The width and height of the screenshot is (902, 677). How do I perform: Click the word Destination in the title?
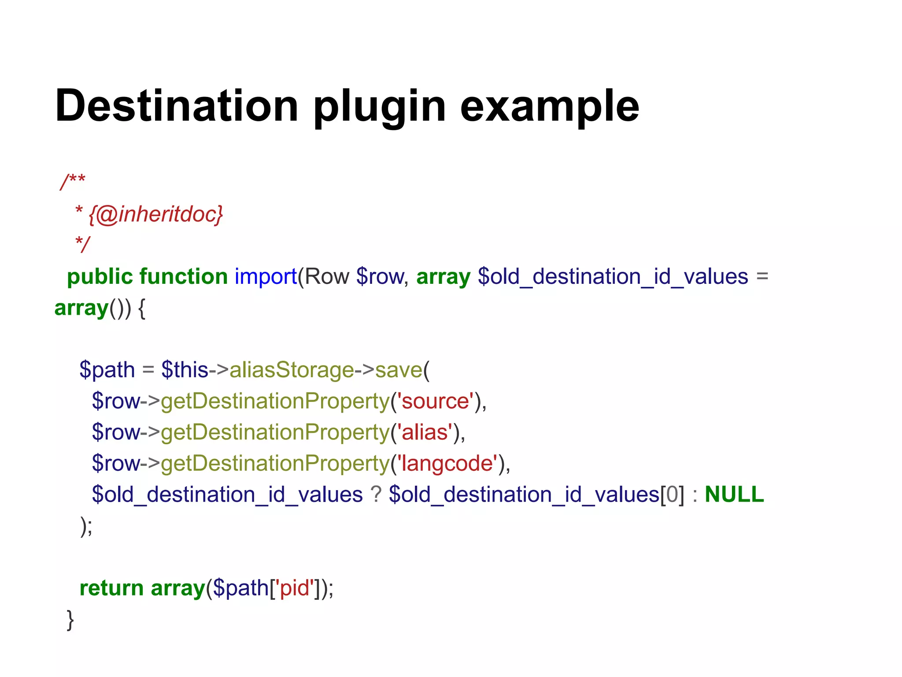(177, 106)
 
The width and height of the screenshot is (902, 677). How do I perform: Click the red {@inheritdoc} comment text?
(156, 214)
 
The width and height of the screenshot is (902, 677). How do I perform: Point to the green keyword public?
(100, 277)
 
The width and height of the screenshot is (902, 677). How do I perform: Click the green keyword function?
(183, 277)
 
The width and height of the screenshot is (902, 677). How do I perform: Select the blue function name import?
(266, 277)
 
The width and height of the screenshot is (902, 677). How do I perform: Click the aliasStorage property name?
(292, 370)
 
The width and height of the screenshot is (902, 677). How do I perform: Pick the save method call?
(399, 370)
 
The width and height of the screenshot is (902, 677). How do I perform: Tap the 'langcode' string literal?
(447, 464)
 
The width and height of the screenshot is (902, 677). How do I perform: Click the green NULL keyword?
(734, 495)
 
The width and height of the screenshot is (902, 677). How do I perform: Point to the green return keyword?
(111, 588)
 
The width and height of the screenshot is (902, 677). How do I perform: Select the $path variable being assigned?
(107, 370)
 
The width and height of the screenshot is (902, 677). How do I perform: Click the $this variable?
(185, 370)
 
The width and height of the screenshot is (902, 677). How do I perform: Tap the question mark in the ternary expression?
(376, 495)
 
